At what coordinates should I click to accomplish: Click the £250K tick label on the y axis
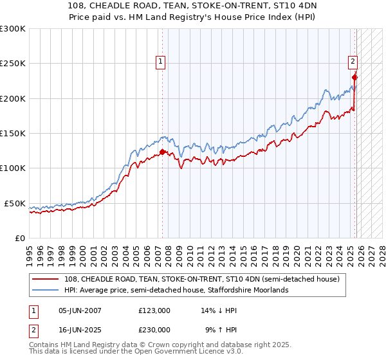(13, 64)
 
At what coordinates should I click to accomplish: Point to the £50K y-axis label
(15, 203)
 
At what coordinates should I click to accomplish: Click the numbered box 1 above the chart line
(160, 62)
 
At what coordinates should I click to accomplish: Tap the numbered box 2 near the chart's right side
(353, 62)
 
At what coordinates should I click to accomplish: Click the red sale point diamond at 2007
(162, 152)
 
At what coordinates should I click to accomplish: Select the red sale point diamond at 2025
(354, 78)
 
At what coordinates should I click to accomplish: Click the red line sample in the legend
(46, 279)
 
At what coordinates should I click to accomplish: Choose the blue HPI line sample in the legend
(46, 290)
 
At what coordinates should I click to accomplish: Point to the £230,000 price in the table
(154, 329)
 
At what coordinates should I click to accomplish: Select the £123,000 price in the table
(154, 310)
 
